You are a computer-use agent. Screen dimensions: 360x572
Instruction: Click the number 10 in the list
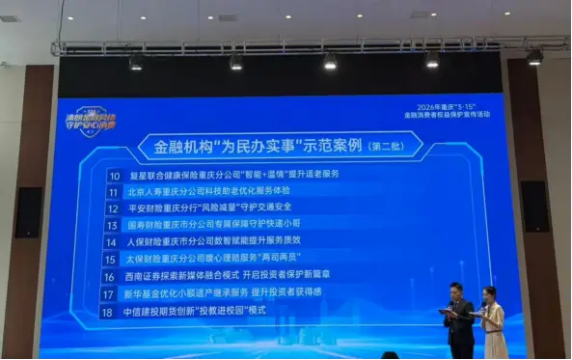[114, 176]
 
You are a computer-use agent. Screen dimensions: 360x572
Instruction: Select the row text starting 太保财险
[214, 259]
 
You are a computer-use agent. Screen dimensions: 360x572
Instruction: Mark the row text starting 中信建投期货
[195, 312]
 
